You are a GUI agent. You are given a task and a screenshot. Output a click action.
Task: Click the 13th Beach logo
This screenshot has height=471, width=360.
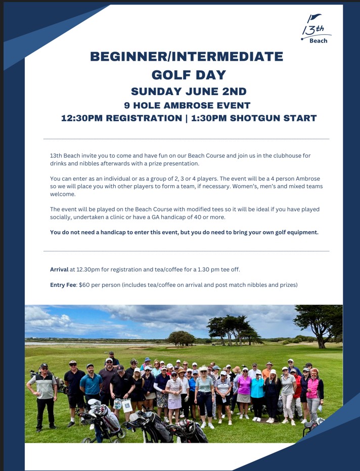[316, 29]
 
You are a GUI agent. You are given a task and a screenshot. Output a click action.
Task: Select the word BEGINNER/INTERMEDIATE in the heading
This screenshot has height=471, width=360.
[187, 57]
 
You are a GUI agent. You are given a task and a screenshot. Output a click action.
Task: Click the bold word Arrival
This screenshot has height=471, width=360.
[59, 269]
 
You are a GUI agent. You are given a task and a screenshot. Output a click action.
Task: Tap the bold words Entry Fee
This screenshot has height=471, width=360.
[63, 285]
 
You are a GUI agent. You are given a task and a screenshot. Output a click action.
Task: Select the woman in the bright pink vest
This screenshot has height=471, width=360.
[313, 390]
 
